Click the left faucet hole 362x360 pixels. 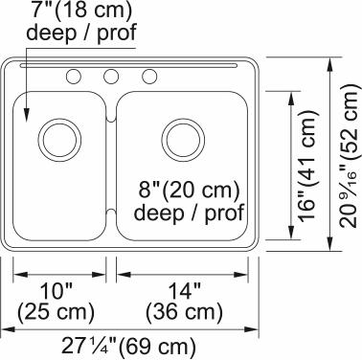coord(74,77)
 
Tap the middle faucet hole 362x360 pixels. coord(111,77)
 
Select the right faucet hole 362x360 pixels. coord(149,77)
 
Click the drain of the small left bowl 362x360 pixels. coord(59,140)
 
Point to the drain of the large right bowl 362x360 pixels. coord(183,140)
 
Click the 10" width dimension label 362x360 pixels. coord(57,291)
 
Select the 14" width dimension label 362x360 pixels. coord(185,291)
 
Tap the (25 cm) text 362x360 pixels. coord(56,311)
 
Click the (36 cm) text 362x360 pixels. coord(184,311)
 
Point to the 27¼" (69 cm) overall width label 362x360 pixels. coord(128,346)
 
